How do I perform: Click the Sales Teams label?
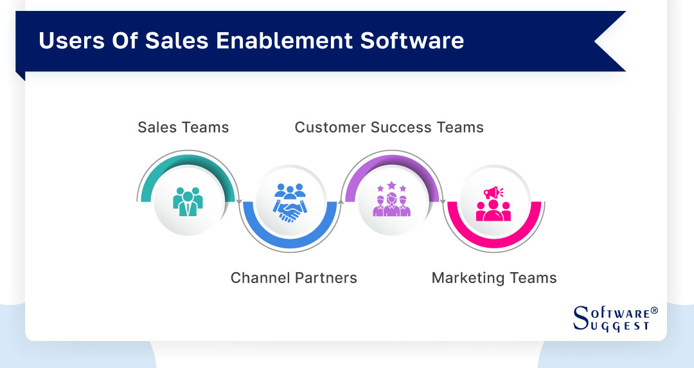point(183,127)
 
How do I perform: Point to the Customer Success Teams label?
point(389,127)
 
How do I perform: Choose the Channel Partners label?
point(294,278)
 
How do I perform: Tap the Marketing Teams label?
point(494,278)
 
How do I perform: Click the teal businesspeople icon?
point(188,201)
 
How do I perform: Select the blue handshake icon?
point(290,203)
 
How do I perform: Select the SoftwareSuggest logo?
point(614,318)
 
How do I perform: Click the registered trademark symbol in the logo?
point(654,310)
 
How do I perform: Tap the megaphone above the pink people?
point(494,192)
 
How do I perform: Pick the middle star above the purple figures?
point(391,185)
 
